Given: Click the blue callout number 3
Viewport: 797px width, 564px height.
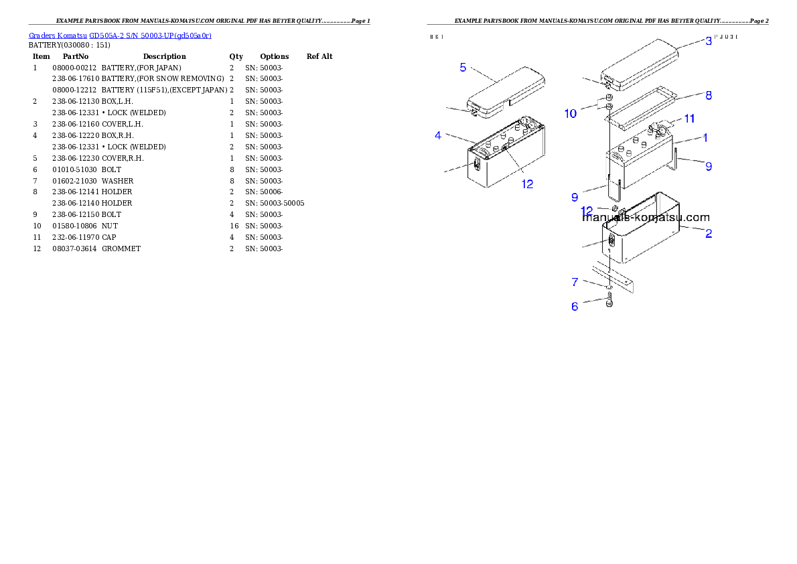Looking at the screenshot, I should [x=708, y=41].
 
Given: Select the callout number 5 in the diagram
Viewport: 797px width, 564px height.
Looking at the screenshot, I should [x=463, y=67].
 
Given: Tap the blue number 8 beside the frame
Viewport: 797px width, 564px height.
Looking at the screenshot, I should [x=708, y=95].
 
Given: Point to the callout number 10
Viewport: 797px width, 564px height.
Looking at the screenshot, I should [x=570, y=114].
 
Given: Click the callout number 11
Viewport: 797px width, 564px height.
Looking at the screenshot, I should [x=689, y=119].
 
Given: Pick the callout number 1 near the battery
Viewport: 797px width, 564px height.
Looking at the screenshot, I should [x=705, y=137].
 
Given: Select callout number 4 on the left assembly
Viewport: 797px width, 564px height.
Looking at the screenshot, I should [x=438, y=135].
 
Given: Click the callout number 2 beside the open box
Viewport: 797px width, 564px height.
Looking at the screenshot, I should [x=708, y=233].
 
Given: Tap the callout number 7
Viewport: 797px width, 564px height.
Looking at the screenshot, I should [x=575, y=283].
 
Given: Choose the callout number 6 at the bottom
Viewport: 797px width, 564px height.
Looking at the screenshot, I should [x=575, y=307].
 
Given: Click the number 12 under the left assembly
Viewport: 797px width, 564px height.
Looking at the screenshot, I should [x=528, y=184].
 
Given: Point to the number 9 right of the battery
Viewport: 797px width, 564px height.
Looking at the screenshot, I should [x=708, y=166].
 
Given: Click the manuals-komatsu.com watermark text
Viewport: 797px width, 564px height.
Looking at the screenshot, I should [x=646, y=218].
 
